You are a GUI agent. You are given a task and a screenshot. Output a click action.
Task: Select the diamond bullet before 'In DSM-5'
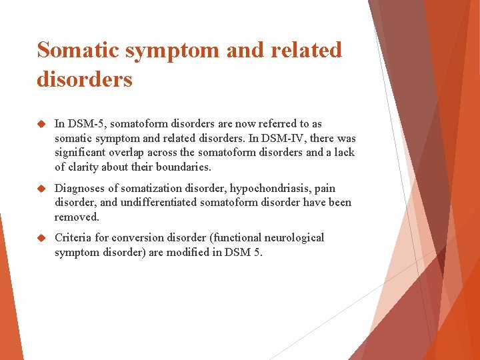[x=41, y=124]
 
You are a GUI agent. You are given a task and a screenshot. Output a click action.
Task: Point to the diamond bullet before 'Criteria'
[x=41, y=238]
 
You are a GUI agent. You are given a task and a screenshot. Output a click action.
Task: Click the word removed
[x=77, y=217]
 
